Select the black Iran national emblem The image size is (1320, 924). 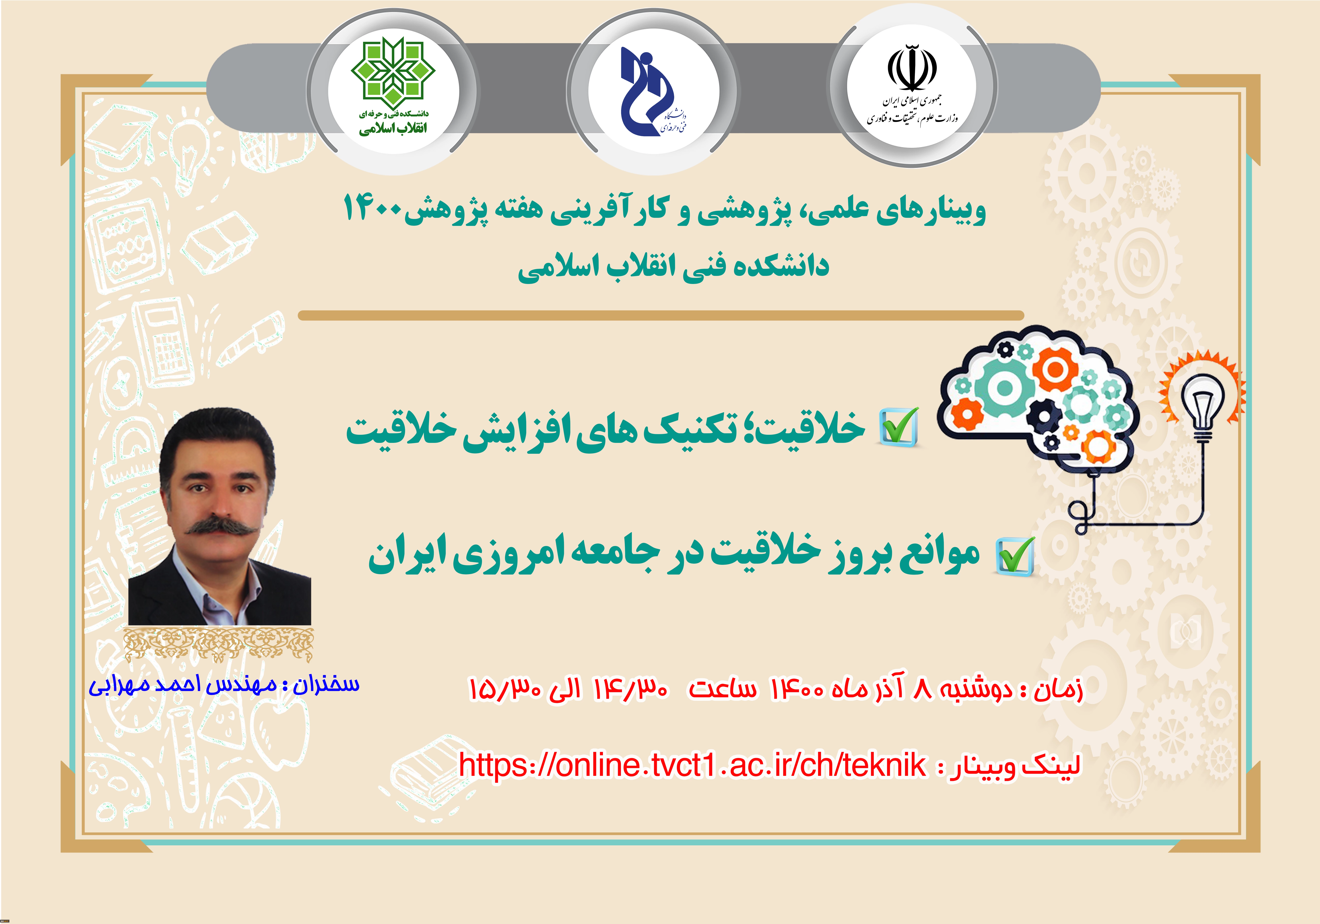pos(912,68)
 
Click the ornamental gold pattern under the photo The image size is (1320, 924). pos(219,644)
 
